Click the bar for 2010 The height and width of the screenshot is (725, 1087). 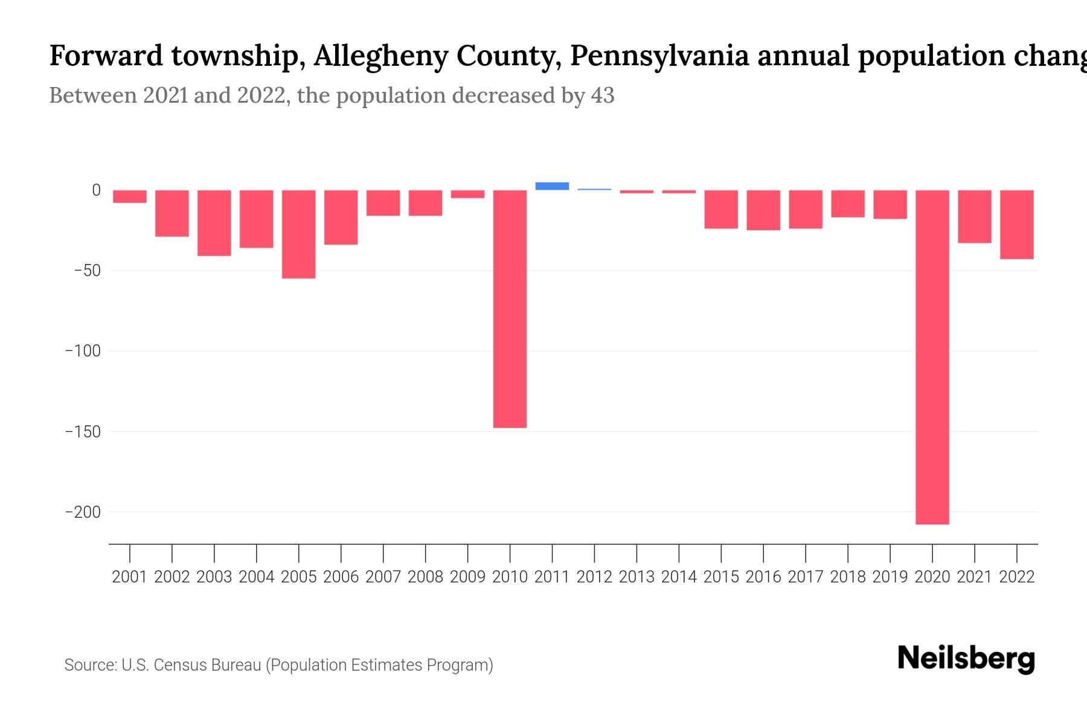click(510, 309)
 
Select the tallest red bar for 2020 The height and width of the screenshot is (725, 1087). click(932, 357)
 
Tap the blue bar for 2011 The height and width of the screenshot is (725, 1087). click(552, 186)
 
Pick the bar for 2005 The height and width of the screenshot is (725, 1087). click(298, 234)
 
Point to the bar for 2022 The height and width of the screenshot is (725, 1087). click(1016, 224)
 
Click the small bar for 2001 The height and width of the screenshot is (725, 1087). click(130, 196)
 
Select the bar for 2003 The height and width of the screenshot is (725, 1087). click(214, 223)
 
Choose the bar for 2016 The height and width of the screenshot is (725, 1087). click(763, 210)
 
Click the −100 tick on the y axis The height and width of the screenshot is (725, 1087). click(83, 351)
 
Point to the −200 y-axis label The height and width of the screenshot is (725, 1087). click(83, 512)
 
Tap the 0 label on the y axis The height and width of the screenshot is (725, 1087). click(96, 190)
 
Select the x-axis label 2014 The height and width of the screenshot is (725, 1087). click(679, 577)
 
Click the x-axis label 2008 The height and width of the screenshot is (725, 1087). click(425, 577)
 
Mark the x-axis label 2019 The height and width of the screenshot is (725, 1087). click(890, 577)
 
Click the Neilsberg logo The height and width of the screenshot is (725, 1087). click(966, 659)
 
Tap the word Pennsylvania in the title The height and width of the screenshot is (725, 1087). click(659, 56)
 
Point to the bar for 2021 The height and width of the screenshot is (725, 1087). click(974, 216)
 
